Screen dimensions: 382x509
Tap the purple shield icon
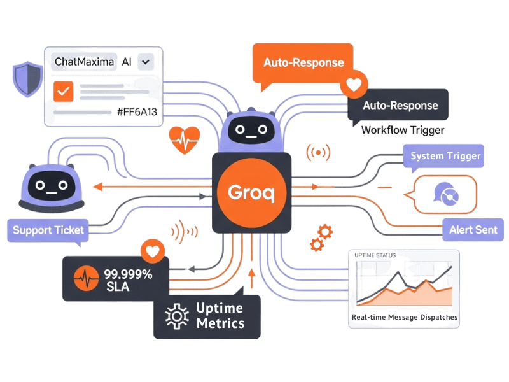click(26, 80)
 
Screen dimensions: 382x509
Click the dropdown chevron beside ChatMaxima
click(146, 62)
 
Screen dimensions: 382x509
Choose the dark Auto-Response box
click(400, 105)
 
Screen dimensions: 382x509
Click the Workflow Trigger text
click(402, 131)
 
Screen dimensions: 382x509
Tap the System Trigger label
click(445, 156)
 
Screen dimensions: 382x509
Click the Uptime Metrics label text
click(220, 316)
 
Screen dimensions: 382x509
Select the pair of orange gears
click(321, 237)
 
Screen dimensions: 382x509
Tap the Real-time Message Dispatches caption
click(405, 317)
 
